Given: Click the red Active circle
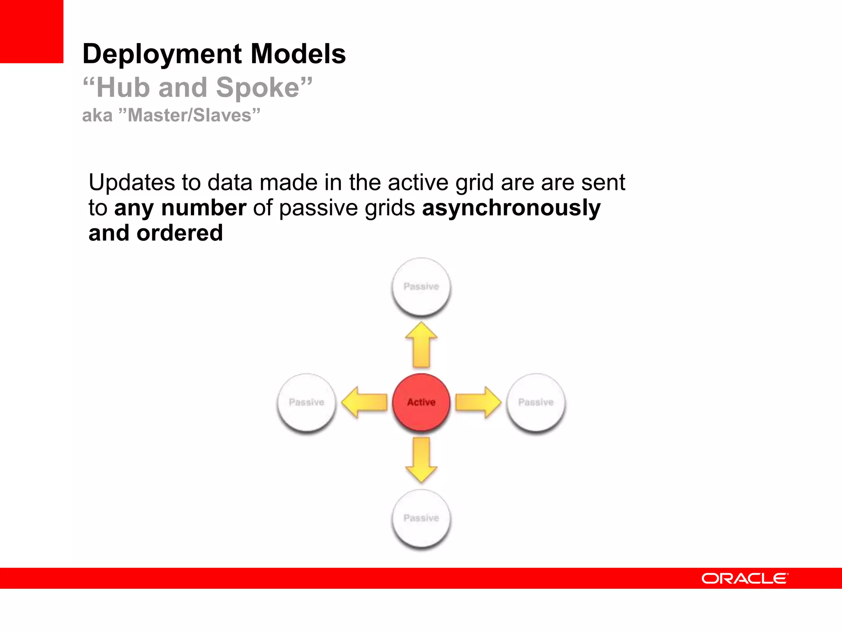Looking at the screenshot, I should coord(421,402).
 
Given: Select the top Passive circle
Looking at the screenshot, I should coord(421,286).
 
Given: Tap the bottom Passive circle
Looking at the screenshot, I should coord(421,518).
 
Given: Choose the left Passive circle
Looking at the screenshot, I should coord(307,402).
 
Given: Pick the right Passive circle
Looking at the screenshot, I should coord(536,402).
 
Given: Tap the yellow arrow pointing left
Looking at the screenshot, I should coord(364,402).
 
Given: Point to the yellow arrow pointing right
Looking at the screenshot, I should coord(478,402).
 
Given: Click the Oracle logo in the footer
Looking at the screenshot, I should coord(745,578).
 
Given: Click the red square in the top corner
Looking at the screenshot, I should coord(32,31).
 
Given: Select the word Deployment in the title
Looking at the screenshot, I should coord(162,54).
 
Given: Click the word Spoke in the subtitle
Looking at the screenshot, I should coord(258,88).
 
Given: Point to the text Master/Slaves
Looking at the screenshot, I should coord(189,115).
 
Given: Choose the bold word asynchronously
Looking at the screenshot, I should coord(511,208).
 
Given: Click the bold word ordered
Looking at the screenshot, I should coord(180,233).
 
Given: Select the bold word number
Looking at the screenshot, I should coord(204,208).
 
